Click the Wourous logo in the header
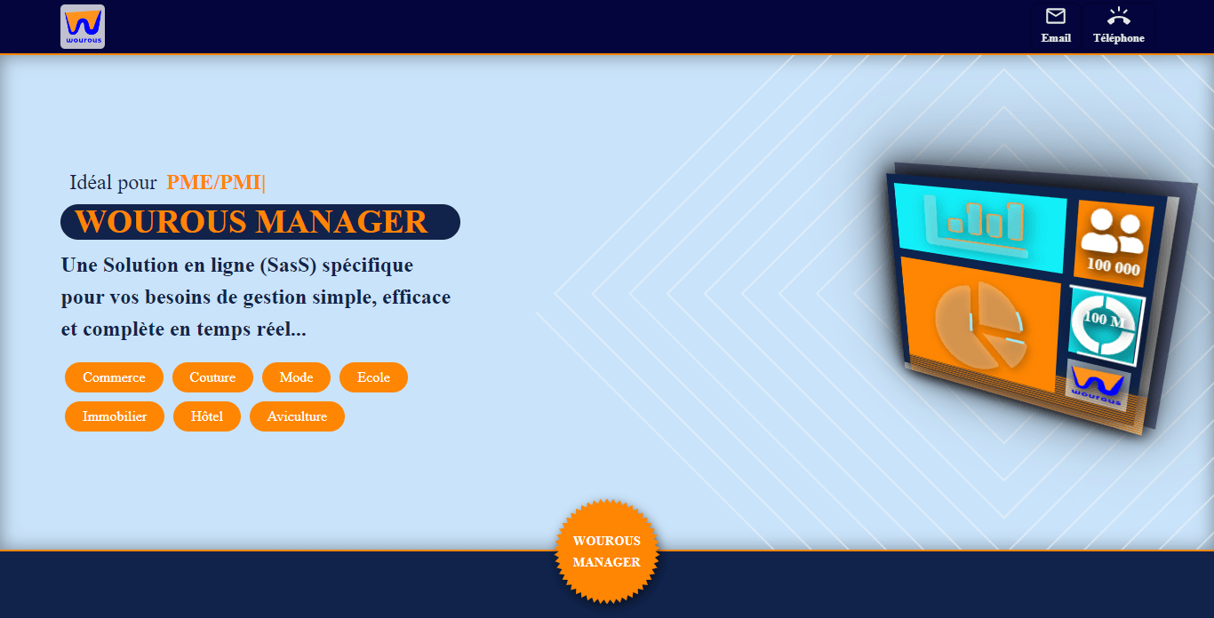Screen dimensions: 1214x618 pos(83,27)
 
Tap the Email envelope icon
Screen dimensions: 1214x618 pos(1055,16)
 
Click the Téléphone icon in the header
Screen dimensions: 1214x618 pos(1119,16)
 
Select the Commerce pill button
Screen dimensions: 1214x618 pos(114,377)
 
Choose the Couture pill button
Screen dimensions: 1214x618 pos(212,377)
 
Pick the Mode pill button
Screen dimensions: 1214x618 pos(296,377)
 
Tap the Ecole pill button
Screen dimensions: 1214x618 pos(373,377)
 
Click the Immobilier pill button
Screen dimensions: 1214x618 pos(115,416)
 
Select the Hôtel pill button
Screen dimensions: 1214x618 pos(207,416)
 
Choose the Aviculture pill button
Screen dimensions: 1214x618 pos(297,416)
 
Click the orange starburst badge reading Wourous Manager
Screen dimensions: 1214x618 pos(606,551)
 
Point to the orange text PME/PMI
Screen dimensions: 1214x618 pos(213,183)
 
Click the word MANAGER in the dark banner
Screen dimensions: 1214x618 pos(341,221)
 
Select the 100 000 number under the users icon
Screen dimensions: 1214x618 pos(1114,266)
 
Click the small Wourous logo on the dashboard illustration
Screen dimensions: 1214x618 pos(1097,385)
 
